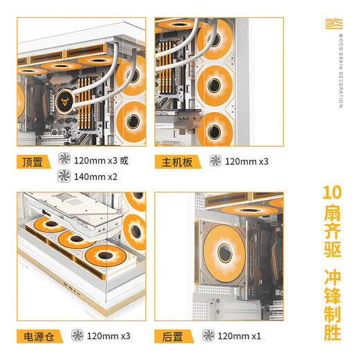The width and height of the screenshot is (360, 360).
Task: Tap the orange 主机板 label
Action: [177, 161]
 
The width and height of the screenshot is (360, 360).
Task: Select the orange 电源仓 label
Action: [38, 336]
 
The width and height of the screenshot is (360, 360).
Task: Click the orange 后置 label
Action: [172, 336]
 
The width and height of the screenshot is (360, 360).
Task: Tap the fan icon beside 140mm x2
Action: [65, 177]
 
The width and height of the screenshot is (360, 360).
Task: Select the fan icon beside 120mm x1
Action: [208, 336]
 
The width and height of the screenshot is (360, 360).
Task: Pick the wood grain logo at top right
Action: [334, 25]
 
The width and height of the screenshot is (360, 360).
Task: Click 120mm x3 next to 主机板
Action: [246, 161]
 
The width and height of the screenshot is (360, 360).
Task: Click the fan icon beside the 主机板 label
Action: [216, 161]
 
